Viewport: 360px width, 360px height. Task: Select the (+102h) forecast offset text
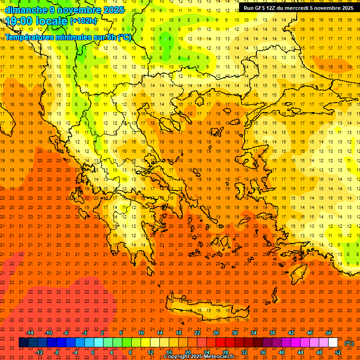83,21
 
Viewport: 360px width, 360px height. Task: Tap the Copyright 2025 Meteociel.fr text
199,356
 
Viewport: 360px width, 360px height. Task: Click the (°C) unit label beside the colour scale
349,343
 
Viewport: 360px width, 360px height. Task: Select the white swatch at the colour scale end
333,343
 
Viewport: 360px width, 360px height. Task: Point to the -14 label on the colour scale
30,333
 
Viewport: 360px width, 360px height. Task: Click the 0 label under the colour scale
93,352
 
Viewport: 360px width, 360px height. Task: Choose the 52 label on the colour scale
338,352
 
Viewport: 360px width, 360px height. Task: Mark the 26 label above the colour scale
216,333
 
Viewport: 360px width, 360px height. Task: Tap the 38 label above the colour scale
272,333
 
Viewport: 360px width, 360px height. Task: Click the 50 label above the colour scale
329,333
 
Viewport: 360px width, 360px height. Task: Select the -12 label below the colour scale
39,352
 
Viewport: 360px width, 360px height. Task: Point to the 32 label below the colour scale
244,352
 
